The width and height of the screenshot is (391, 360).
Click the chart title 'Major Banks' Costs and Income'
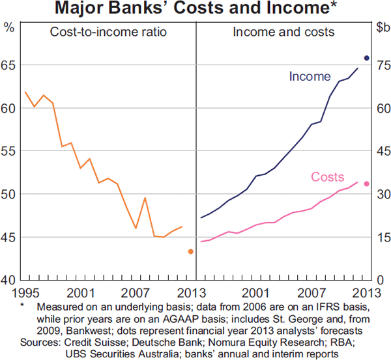click(x=195, y=9)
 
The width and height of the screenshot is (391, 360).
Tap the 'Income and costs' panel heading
click(x=283, y=31)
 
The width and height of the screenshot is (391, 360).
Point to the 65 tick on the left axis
click(x=10, y=65)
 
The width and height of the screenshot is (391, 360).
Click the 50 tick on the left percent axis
click(x=10, y=194)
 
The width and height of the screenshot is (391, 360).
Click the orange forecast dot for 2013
click(x=190, y=251)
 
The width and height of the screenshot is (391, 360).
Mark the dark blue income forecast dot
click(x=366, y=58)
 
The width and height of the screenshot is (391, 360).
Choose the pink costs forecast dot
click(x=366, y=184)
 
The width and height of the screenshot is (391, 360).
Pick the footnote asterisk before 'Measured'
click(x=22, y=306)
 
